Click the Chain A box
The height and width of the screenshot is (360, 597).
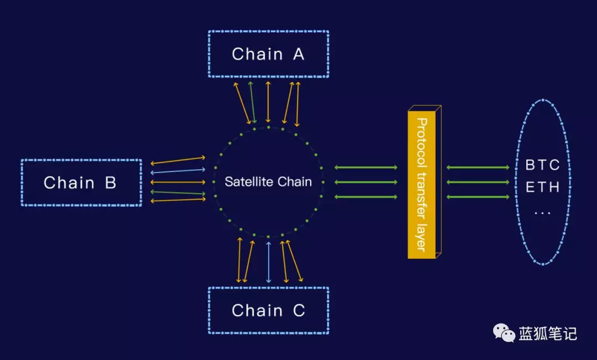268,54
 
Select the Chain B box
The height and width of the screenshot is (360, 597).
81,182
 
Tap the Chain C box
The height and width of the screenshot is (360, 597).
268,310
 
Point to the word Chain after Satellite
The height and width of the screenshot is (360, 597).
294,182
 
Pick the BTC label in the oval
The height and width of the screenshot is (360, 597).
542,165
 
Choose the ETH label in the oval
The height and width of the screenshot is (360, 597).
542,187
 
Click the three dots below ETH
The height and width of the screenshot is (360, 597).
542,212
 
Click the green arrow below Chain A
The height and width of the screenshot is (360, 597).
252,103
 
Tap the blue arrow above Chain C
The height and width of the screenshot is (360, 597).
269,262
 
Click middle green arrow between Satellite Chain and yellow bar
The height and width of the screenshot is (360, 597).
366,182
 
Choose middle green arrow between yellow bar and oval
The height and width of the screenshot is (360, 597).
478,182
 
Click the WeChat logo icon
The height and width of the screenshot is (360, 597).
504,333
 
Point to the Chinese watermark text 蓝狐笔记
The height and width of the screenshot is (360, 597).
548,333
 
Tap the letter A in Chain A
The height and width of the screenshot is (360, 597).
298,54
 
